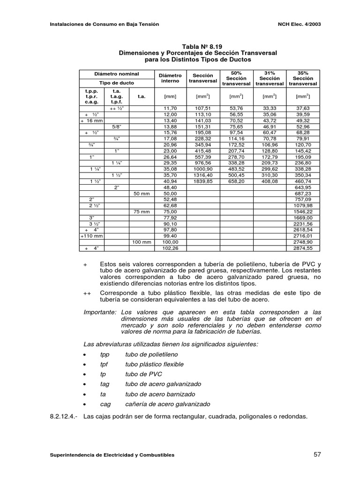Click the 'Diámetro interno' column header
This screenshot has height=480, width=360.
pyautogui.click(x=170, y=78)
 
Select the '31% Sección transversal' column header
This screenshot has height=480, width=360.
pyautogui.click(x=270, y=78)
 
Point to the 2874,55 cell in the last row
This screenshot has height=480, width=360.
pyautogui.click(x=302, y=248)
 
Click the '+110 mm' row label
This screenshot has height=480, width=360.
pyautogui.click(x=92, y=236)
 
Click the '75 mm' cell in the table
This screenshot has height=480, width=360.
pyautogui.click(x=141, y=211)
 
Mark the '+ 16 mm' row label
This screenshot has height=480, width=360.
pyautogui.click(x=92, y=120)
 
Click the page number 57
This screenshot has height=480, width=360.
pyautogui.click(x=317, y=455)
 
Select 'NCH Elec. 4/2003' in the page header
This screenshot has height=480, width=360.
pyautogui.click(x=298, y=24)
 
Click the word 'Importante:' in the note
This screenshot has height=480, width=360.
pyautogui.click(x=100, y=312)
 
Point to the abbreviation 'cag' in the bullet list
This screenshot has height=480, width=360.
pyautogui.click(x=105, y=404)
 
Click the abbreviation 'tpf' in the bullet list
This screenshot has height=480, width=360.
pyautogui.click(x=105, y=364)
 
